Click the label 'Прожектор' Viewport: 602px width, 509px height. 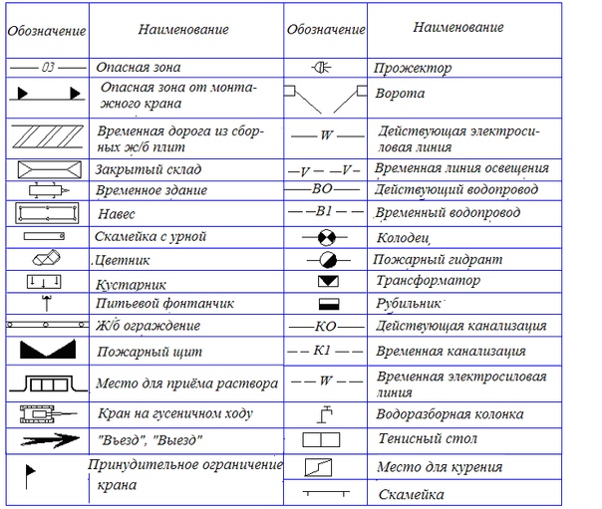tap(413, 69)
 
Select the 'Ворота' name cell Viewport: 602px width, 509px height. tap(400, 95)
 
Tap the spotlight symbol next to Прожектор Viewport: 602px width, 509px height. tap(325, 68)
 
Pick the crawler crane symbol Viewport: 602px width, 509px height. tap(46, 413)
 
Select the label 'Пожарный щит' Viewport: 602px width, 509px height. tap(137, 352)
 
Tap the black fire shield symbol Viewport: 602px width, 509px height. tap(46, 351)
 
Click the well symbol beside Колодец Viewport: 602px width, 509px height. tap(326, 239)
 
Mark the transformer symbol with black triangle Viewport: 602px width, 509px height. tap(326, 282)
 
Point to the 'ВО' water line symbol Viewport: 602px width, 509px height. tap(325, 187)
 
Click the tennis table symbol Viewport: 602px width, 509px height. tap(325, 439)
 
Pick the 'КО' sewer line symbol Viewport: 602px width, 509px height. tap(325, 326)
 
